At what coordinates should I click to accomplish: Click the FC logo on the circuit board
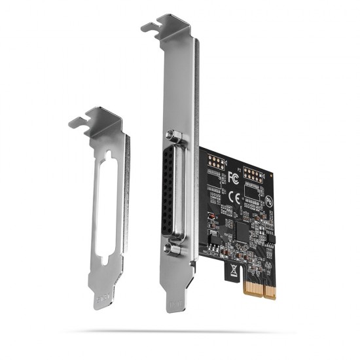(234, 177)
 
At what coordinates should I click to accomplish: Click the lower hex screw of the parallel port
(173, 249)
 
